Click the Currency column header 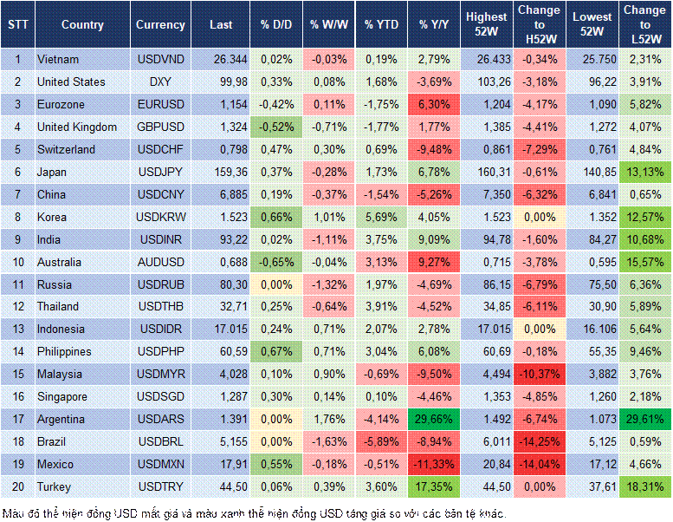pyautogui.click(x=160, y=25)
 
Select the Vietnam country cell pyautogui.click(x=58, y=59)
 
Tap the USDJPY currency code pyautogui.click(x=160, y=172)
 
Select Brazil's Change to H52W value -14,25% pyautogui.click(x=539, y=441)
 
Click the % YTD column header pyautogui.click(x=381, y=25)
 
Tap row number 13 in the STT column pyautogui.click(x=17, y=329)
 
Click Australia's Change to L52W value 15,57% pyautogui.click(x=645, y=262)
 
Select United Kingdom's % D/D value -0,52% pyautogui.click(x=275, y=127)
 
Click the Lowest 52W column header pyautogui.click(x=592, y=25)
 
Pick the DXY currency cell pyautogui.click(x=160, y=82)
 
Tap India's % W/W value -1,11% pyautogui.click(x=327, y=239)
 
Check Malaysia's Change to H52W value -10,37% pyautogui.click(x=539, y=374)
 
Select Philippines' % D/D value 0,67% pyautogui.click(x=275, y=351)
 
